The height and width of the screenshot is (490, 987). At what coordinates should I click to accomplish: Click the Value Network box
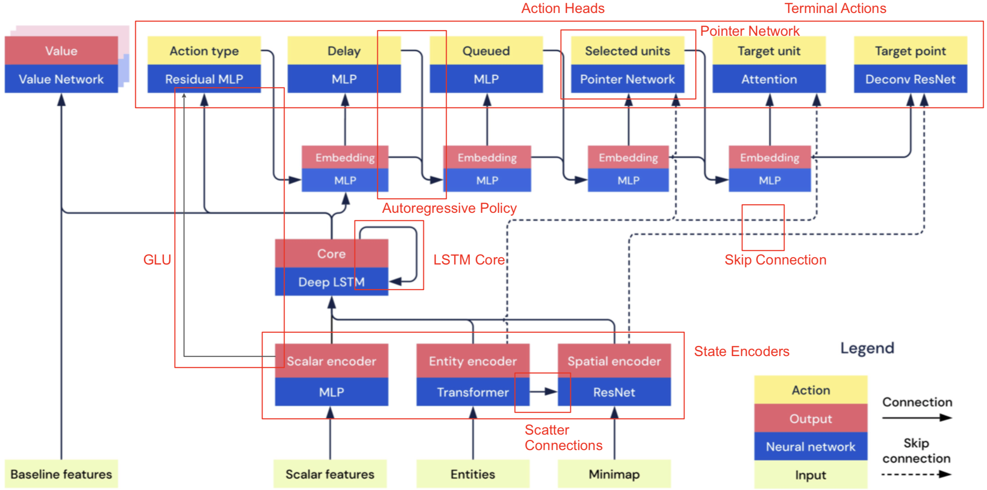[61, 79]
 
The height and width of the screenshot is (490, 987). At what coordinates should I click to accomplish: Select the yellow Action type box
[204, 51]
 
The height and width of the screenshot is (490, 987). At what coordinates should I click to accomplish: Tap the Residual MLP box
[204, 79]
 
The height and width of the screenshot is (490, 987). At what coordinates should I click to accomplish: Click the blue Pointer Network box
[627, 79]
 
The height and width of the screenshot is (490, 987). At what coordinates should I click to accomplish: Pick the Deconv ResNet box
[910, 79]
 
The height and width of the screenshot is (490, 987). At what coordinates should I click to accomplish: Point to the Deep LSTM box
[331, 282]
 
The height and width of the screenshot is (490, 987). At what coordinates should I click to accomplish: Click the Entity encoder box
[472, 361]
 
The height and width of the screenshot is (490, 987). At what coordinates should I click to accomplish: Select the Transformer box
[472, 392]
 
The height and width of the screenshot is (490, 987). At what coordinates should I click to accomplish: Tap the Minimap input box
[614, 474]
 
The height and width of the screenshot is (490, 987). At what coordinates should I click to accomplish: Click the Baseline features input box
[61, 474]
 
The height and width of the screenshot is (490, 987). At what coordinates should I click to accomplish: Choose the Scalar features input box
[330, 474]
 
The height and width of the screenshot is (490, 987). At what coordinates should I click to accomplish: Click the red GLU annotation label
[157, 260]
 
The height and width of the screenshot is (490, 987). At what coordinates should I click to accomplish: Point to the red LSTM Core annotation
[469, 260]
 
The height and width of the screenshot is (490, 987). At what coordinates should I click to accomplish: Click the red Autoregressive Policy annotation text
[449, 208]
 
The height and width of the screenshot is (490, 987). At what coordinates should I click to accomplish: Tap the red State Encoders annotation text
[741, 351]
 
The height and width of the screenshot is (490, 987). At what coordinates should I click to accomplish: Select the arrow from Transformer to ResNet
[543, 392]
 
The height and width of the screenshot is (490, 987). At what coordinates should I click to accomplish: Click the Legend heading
[867, 348]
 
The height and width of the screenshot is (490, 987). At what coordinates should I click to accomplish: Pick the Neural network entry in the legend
[810, 446]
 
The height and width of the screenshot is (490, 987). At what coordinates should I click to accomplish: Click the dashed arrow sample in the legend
[916, 474]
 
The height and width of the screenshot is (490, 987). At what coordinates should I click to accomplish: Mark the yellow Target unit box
[769, 51]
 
